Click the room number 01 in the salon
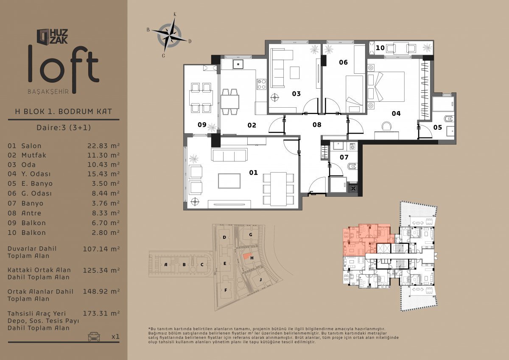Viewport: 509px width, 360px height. click(253, 173)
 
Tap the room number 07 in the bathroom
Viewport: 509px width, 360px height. click(344, 157)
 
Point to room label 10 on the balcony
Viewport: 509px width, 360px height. click(380, 48)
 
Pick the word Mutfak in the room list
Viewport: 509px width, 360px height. click(34, 155)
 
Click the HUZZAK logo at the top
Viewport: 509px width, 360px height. click(52, 36)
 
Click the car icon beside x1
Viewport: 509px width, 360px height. click(94, 337)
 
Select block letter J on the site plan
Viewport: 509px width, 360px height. click(260, 279)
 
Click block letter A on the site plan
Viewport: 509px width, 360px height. click(166, 264)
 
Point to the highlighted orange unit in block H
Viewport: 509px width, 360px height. click(246, 256)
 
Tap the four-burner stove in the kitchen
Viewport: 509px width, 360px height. click(261, 84)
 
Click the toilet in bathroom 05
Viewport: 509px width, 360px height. click(450, 119)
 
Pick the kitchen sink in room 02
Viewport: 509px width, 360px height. click(238, 64)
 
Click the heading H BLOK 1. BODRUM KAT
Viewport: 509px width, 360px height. click(63, 112)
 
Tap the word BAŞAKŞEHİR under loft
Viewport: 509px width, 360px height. click(48, 92)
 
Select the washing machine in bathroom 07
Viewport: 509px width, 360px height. click(352, 147)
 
